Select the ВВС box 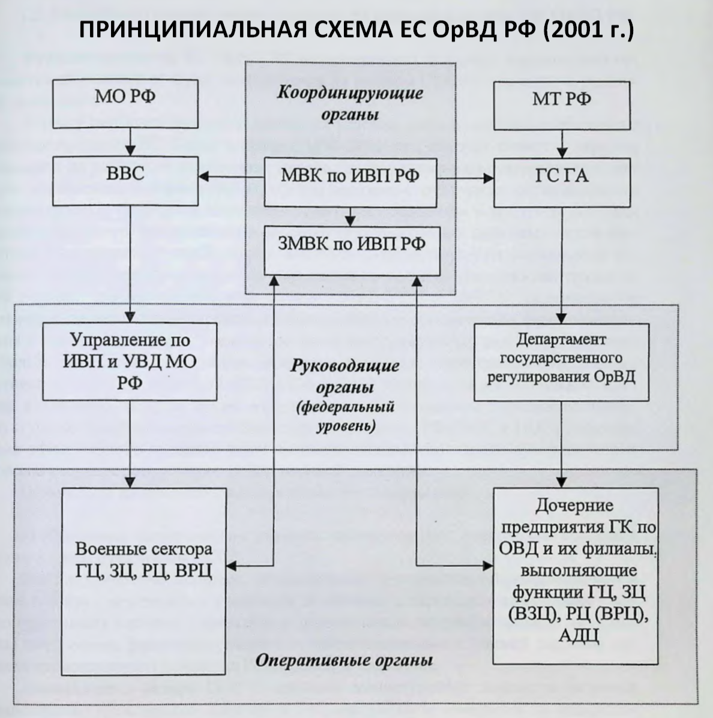click(125, 176)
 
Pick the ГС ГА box click(561, 176)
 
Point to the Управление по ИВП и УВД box click(130, 361)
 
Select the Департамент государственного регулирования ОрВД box click(561, 362)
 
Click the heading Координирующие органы click(350, 103)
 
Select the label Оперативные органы click(344, 662)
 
